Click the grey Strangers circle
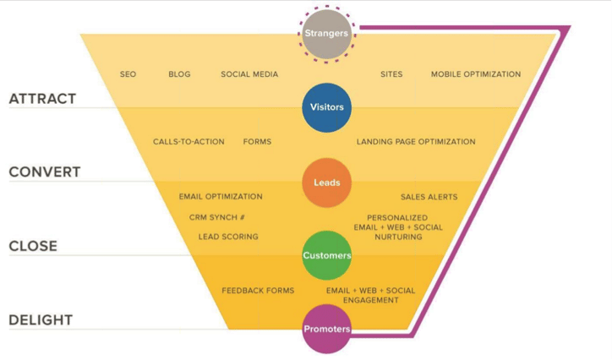point(326,34)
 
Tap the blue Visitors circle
point(326,107)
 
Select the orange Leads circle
point(326,183)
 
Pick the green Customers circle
point(326,255)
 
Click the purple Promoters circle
point(326,329)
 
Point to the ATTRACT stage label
point(42,99)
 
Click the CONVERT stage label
point(45,172)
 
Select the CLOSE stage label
point(33,246)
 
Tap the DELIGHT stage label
point(41,320)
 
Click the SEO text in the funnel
point(128,74)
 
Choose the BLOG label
point(179,74)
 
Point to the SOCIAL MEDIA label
point(249,74)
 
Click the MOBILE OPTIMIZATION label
point(476,74)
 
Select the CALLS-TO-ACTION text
point(189,142)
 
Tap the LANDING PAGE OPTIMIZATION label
point(416,142)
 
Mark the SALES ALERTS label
point(429,197)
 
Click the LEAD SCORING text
point(228,237)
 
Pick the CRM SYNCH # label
point(217,217)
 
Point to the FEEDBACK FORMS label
point(258,291)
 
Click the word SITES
point(391,74)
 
